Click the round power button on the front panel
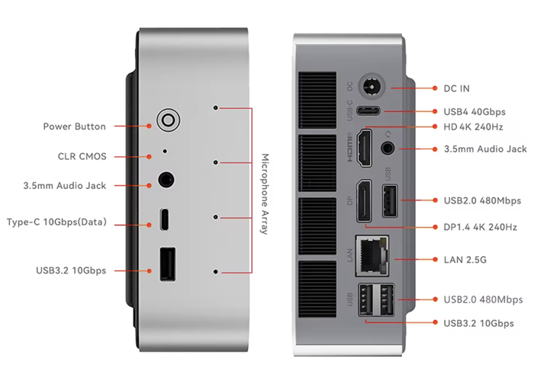coord(167,120)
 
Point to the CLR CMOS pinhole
coord(166,151)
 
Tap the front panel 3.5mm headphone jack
coord(166,181)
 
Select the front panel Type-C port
coord(166,220)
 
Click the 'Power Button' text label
coord(75,127)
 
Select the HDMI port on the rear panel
coord(364,148)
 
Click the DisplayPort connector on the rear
coord(365,202)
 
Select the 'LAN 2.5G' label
coord(465,260)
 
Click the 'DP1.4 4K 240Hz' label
coord(481,227)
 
